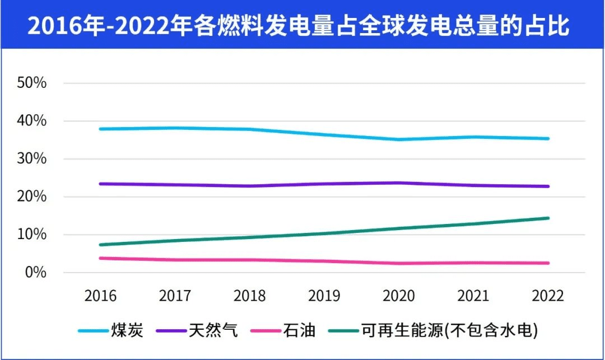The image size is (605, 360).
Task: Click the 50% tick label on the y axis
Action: [31, 83]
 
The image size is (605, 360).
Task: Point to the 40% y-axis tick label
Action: [31, 121]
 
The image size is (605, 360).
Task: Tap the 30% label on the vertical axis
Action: [31, 159]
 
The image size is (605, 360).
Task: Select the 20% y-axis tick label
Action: [31, 197]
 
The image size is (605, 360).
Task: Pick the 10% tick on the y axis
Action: [31, 235]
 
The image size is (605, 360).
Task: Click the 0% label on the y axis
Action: [35, 273]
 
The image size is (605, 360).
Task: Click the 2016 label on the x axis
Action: [100, 296]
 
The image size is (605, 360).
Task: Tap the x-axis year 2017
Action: [175, 296]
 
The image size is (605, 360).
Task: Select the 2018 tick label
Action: [250, 296]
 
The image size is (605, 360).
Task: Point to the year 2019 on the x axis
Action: [324, 296]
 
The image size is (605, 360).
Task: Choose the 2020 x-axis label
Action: [399, 296]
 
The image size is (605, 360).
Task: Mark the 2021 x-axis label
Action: [473, 296]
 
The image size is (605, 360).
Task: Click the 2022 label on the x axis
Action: [548, 296]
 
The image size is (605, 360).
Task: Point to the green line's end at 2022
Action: [548, 218]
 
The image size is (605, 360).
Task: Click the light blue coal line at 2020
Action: [399, 139]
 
